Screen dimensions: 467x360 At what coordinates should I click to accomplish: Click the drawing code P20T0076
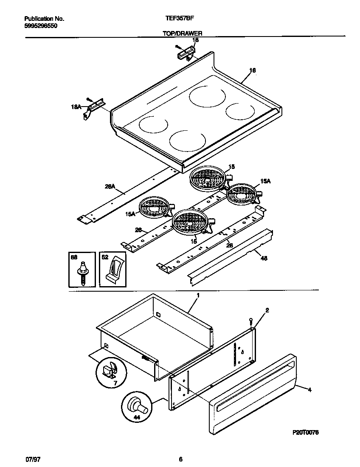(306, 432)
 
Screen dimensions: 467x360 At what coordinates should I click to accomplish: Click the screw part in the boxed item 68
(82, 272)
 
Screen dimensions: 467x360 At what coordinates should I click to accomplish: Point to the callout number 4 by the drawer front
(309, 390)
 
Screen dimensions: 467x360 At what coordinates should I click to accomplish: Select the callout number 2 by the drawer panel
(267, 311)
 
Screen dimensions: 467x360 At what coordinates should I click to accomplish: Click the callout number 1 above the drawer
(197, 295)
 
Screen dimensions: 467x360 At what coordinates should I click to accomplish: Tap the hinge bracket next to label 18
(186, 54)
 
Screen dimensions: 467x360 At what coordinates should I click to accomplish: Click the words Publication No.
(44, 19)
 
